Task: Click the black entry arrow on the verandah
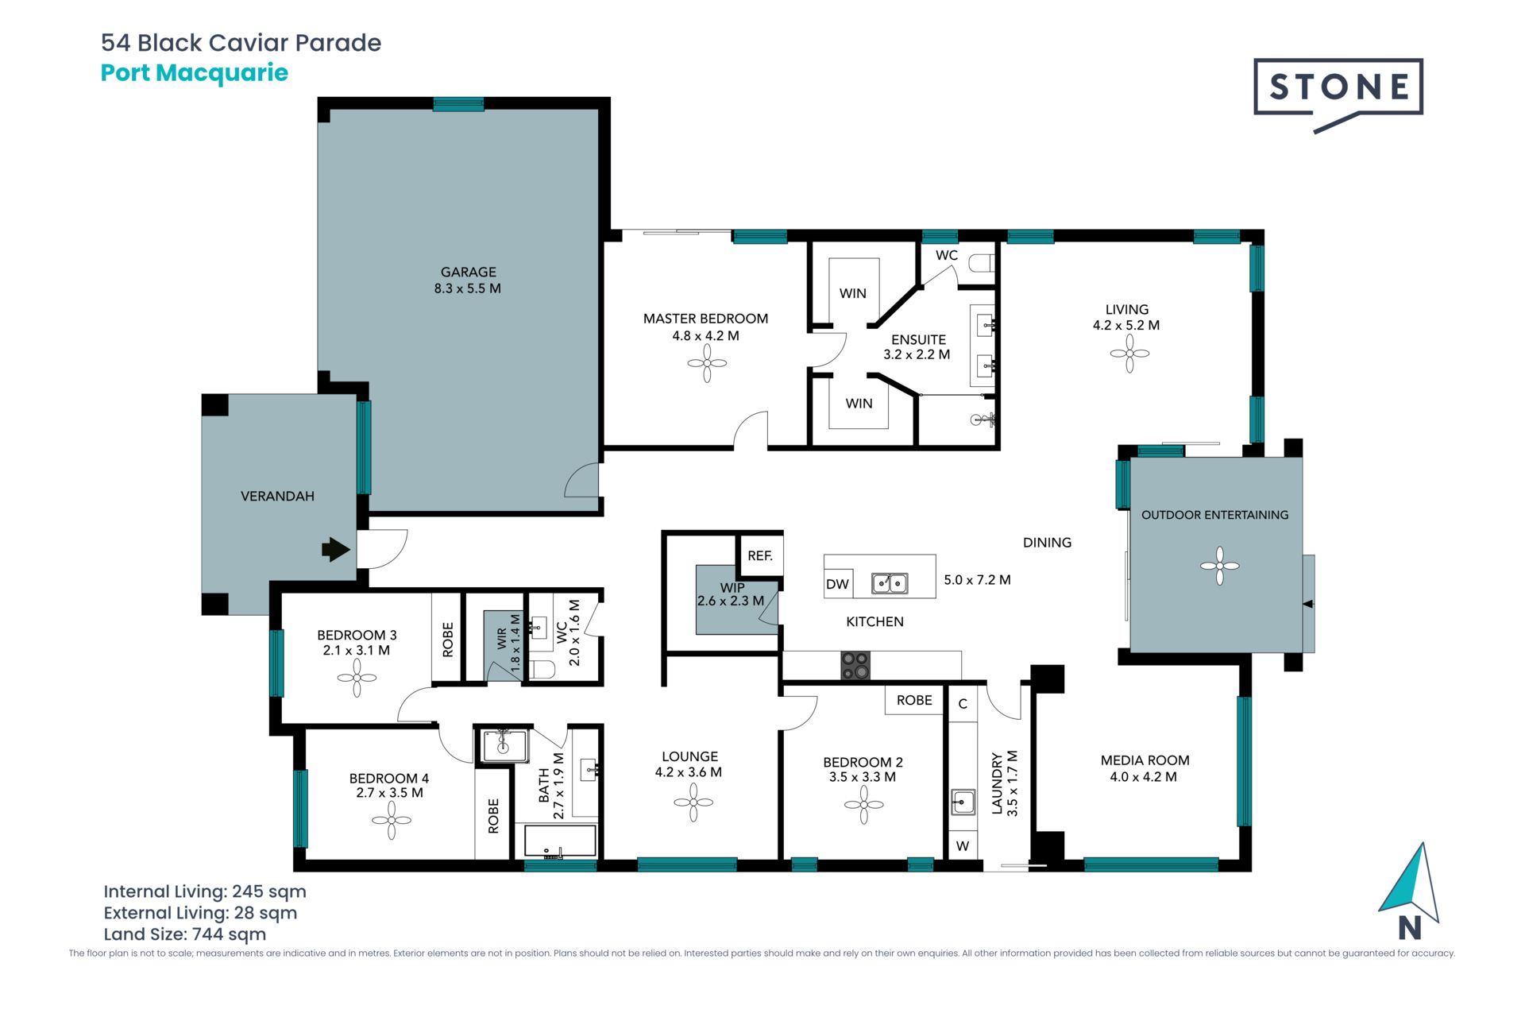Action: [336, 549]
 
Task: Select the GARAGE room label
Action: [468, 272]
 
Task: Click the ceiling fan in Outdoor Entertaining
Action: [1219, 566]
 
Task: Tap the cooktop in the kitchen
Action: [855, 666]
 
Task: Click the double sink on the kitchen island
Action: [890, 584]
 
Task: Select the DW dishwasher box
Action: [838, 584]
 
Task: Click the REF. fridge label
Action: [760, 556]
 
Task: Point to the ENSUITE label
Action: [918, 339]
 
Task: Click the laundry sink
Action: [963, 802]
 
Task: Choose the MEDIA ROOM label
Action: [1145, 760]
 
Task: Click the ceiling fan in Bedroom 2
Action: [863, 805]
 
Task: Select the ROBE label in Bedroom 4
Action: [493, 816]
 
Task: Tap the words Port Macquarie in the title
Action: [195, 73]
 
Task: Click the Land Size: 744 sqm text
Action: [184, 934]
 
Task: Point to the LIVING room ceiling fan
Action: [1129, 354]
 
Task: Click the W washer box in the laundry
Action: [963, 846]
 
